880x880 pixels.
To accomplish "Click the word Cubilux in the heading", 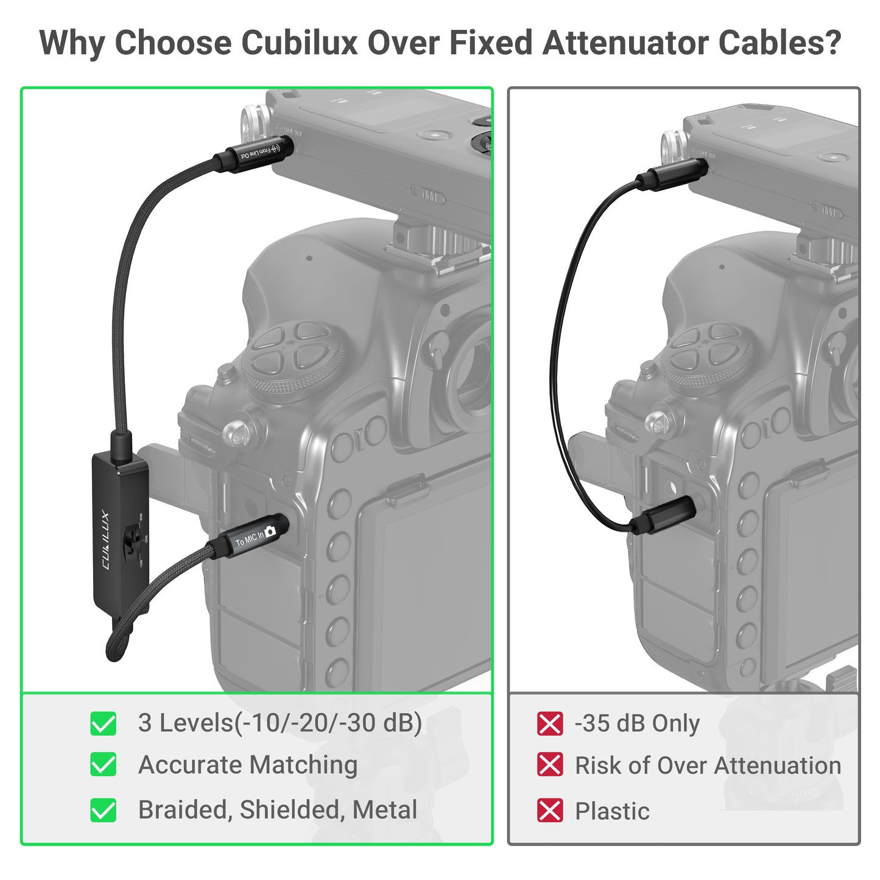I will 298,43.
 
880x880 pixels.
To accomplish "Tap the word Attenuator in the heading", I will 625,43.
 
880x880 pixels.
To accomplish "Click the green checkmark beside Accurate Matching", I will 104,765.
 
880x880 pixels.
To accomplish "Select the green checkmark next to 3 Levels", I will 104,723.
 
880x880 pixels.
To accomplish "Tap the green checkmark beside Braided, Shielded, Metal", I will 104,810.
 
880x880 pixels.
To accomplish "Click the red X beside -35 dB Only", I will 550,723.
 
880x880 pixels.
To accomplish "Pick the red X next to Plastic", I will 550,811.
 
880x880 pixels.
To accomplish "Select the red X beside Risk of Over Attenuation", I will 550,765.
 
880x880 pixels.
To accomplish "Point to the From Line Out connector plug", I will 258,150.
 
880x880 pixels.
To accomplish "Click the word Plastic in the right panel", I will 612,811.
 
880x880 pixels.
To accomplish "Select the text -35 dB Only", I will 637,723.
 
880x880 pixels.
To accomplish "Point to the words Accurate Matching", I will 248,765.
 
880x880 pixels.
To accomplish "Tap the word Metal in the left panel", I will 385,810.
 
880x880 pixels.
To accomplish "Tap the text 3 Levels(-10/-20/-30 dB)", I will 280,723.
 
